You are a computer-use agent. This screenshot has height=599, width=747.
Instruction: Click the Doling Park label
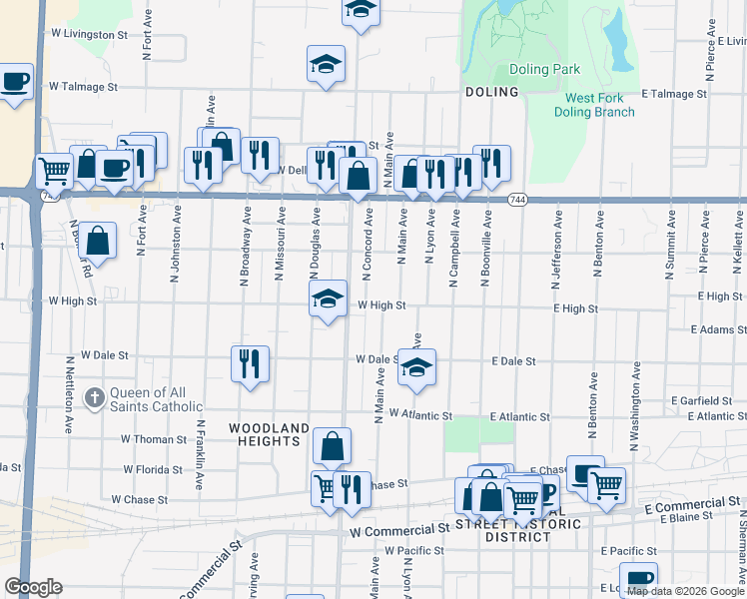544,70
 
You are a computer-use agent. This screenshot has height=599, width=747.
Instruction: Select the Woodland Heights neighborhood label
269,435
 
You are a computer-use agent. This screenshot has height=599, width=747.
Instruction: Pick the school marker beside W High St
328,299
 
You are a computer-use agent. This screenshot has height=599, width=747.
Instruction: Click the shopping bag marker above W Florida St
332,446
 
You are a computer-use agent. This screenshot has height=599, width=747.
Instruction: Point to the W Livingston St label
90,34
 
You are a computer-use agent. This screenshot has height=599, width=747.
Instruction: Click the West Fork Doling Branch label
599,105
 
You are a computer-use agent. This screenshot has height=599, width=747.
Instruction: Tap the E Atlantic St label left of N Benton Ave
520,417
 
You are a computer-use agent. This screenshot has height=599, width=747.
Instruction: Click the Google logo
33,587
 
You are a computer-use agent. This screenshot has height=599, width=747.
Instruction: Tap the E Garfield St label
703,400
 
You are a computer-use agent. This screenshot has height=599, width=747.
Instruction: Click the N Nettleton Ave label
70,394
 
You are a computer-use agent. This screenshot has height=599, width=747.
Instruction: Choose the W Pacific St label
413,550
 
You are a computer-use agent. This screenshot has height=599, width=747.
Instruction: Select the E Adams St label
717,329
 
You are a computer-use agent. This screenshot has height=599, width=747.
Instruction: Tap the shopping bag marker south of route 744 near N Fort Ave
98,240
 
